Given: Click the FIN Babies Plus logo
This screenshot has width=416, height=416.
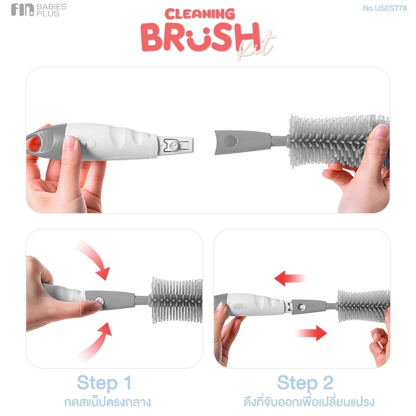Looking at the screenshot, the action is point(39,10).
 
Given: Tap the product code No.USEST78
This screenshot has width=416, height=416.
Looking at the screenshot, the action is point(385,8).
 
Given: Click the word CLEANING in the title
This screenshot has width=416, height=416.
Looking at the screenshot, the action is point(200,14).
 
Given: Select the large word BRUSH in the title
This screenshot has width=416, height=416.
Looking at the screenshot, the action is point(201,37).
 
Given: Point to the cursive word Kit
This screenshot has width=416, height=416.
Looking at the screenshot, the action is point(256,45).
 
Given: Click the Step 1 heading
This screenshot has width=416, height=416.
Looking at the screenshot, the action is point(104,383).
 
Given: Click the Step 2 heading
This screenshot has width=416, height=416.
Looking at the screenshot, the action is point(305,383).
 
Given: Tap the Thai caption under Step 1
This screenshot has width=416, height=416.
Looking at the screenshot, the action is point(107,402).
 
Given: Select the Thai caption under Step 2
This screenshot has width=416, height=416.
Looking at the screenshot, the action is point(309,402).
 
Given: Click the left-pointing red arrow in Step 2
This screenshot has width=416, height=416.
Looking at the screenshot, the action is point(290,278).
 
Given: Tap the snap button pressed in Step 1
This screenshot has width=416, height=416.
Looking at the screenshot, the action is point(99,301).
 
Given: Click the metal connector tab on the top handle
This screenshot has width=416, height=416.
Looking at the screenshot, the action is point(176,145).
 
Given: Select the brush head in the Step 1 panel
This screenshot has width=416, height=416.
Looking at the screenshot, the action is point(177,300).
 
